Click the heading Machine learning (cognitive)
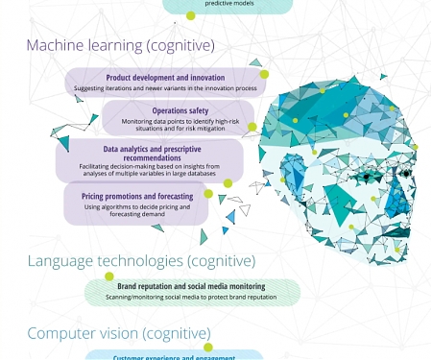coord(120,45)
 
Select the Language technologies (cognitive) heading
coord(141,260)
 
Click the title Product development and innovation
coord(165,78)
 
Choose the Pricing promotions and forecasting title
coord(138,196)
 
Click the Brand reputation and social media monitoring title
coord(191,286)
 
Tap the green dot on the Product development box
coord(264,74)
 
